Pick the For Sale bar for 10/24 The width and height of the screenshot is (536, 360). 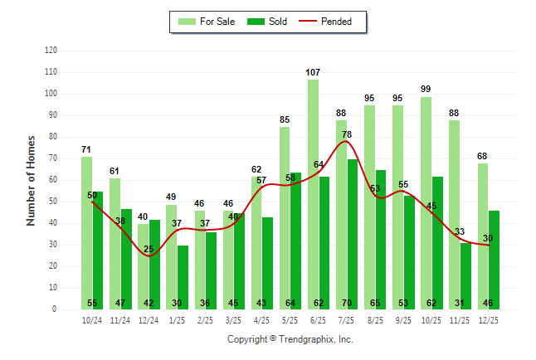click(x=86, y=232)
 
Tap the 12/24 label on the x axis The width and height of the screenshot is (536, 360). click(x=149, y=319)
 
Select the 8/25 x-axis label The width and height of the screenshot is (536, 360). click(x=375, y=319)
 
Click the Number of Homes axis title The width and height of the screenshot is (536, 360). click(x=31, y=180)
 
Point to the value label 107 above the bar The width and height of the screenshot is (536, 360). click(x=313, y=73)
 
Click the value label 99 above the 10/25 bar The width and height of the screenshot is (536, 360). click(x=426, y=90)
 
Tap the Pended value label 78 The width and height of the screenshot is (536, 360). click(x=347, y=134)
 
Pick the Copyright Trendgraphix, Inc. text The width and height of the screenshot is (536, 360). click(x=290, y=339)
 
